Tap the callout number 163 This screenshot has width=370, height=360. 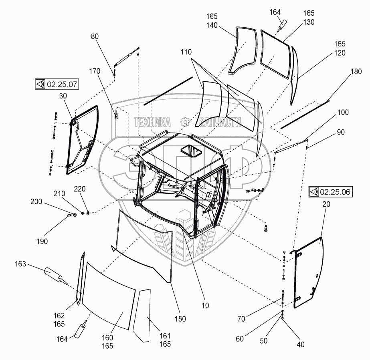(x=20, y=264)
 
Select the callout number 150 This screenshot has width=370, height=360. (x=180, y=319)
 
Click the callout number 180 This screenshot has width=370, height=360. (x=344, y=72)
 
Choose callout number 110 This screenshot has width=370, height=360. (x=186, y=52)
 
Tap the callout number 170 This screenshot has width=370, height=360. (x=95, y=72)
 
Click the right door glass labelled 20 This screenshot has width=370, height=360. (x=309, y=272)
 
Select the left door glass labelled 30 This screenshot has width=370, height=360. (x=82, y=140)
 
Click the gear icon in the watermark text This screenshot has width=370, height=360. (x=185, y=122)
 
